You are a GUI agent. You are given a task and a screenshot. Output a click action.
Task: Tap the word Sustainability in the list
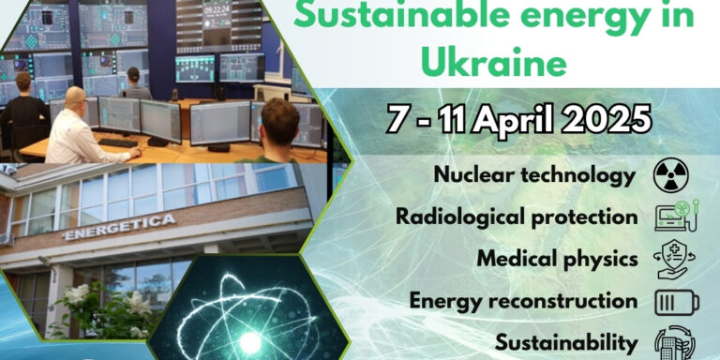click(x=566, y=342)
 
